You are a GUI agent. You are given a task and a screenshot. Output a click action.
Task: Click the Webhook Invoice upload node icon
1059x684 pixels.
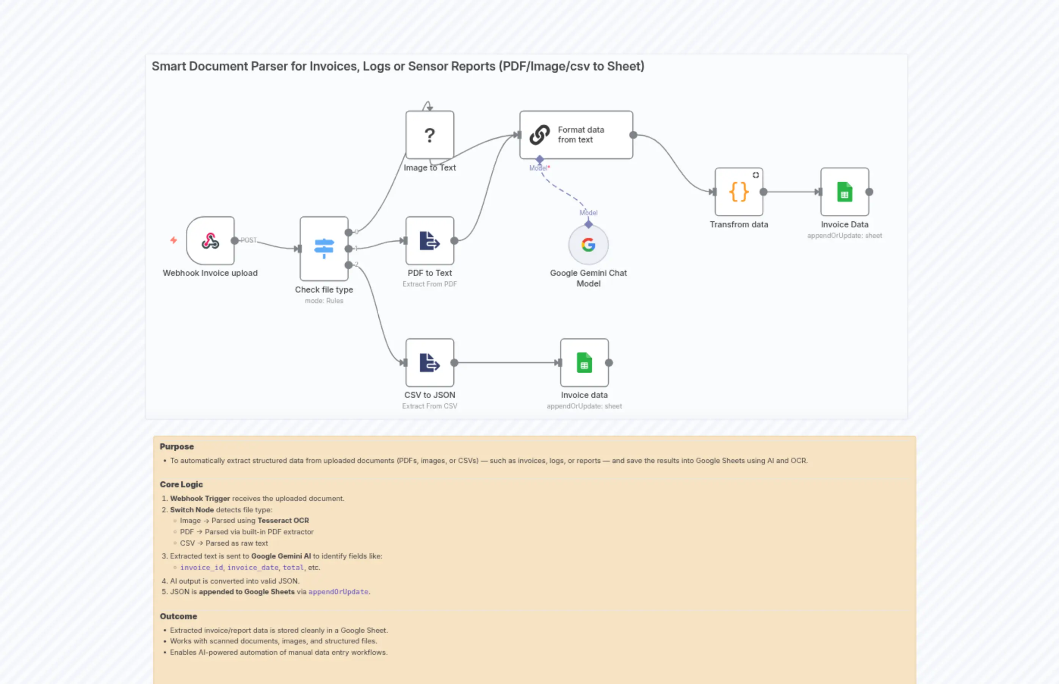tap(210, 241)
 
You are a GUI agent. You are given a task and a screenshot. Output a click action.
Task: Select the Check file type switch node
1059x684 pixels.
tap(324, 249)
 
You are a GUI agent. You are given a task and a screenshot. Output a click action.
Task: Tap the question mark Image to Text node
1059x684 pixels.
tap(429, 135)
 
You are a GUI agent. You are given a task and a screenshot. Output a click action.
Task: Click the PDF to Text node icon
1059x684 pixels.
tap(429, 241)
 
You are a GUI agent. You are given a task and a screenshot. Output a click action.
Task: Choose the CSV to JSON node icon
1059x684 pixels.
tap(429, 362)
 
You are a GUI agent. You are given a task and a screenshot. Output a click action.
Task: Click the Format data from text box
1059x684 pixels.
tap(576, 135)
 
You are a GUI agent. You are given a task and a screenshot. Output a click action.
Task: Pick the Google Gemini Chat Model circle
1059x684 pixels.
tap(588, 245)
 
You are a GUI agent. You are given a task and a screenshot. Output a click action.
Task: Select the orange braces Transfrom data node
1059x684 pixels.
tap(739, 192)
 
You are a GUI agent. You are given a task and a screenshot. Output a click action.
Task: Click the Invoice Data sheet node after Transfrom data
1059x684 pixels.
tap(844, 192)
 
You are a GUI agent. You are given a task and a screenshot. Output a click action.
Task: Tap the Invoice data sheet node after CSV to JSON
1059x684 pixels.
tap(584, 362)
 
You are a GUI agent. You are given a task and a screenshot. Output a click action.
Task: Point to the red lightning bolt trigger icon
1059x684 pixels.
tap(174, 240)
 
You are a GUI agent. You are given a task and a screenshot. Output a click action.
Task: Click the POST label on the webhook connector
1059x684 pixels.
tap(248, 240)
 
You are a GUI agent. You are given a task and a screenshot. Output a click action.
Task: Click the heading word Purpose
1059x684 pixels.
tap(177, 446)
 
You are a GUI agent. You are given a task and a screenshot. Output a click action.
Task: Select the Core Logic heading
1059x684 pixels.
tap(181, 484)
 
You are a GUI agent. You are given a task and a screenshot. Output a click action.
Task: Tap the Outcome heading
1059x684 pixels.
tap(178, 616)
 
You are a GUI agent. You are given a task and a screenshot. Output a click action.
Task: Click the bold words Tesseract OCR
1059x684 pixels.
tap(283, 520)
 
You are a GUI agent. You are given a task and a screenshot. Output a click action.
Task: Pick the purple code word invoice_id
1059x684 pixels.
tap(201, 567)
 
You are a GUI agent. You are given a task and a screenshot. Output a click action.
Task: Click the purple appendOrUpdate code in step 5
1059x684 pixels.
tap(338, 592)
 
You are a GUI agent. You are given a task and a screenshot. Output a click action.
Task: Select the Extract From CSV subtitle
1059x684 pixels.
tap(429, 406)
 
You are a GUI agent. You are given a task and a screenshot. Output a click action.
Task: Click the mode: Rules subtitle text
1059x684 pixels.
tap(324, 301)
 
